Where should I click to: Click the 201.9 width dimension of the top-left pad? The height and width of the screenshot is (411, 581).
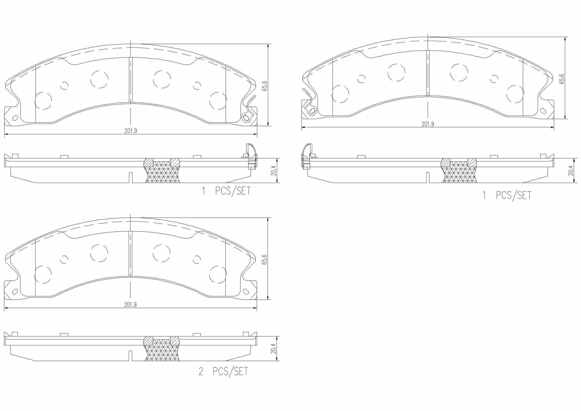coord(130,131)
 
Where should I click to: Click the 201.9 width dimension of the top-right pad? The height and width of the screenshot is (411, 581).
coord(428,124)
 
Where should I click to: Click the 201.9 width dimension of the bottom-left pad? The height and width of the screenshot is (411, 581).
coord(130,304)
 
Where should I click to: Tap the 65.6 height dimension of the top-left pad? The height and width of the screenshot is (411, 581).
coord(265,86)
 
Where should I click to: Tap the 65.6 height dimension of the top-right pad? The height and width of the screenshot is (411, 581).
coord(562,79)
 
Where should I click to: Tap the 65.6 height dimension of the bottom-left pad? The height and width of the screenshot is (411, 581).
coord(265,260)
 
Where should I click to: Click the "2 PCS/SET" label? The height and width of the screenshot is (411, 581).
coord(223,371)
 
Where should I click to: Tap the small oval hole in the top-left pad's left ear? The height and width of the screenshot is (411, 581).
coord(15,118)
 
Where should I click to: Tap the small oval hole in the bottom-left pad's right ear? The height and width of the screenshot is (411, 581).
coord(246,291)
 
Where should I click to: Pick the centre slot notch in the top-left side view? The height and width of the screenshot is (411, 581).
coord(130,177)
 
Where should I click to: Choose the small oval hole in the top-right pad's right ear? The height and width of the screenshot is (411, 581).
coord(543,111)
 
